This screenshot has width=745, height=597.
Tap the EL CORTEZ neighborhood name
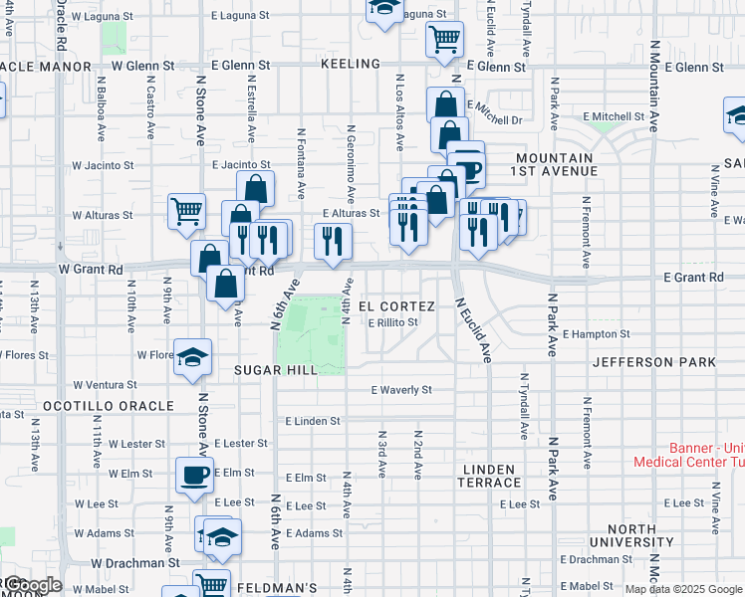coord(396,305)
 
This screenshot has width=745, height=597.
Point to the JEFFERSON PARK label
coord(653,363)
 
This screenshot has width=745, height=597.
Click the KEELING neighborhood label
coord(351,64)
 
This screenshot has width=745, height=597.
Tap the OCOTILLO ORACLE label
coord(109,406)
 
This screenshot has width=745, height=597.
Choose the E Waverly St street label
coord(401,390)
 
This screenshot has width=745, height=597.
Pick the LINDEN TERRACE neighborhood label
coord(489,476)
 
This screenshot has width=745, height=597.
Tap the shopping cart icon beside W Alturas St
coord(186,212)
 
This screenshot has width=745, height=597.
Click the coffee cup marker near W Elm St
coord(195,475)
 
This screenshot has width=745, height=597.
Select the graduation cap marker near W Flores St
coord(192,357)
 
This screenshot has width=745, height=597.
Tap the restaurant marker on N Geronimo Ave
coord(333,240)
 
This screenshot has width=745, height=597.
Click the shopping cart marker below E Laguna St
coord(444,40)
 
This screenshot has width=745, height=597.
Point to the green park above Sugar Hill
coord(311,334)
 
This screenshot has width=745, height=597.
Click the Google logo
coord(32,585)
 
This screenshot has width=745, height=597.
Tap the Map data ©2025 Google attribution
coord(683,589)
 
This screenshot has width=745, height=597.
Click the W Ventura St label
coord(105,385)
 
